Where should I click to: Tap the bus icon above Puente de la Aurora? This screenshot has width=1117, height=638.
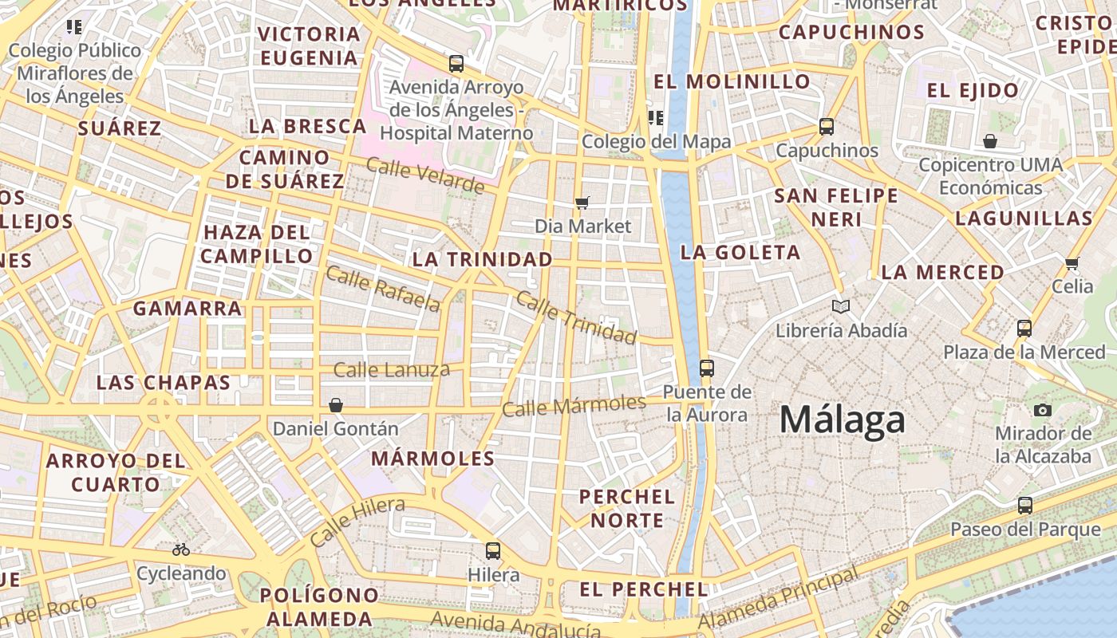point(706,368)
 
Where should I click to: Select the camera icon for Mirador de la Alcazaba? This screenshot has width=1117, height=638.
point(1042,410)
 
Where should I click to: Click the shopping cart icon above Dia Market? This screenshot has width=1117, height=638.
point(582,203)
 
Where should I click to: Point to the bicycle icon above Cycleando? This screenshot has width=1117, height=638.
point(181,549)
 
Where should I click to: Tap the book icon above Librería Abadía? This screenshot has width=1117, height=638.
point(841,306)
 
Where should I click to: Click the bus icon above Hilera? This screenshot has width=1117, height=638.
point(493,550)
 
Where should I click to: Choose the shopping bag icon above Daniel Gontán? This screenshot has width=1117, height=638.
point(336,405)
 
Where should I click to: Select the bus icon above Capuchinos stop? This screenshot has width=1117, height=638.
point(827,127)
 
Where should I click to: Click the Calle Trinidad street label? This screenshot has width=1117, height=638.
point(576,317)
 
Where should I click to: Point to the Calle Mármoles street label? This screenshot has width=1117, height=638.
point(574,405)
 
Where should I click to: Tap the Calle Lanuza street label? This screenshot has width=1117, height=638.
point(391,370)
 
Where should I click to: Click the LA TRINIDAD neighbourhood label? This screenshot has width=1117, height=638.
point(482,259)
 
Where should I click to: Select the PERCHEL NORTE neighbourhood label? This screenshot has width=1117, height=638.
point(626,508)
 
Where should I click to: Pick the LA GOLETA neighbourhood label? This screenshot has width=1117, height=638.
point(740,253)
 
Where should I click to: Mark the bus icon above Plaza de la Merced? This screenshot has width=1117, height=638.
point(1024,328)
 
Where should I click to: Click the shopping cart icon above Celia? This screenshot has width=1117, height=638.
point(1072,263)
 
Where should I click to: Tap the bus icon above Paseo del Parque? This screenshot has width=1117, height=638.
point(1025,506)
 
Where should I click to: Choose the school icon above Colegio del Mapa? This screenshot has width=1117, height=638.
point(656,118)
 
